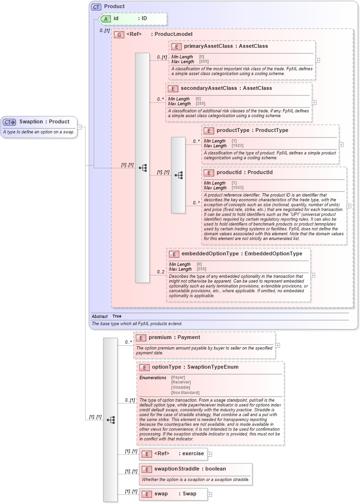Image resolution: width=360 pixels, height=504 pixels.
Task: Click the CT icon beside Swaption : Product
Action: pyautogui.click(x=10, y=122)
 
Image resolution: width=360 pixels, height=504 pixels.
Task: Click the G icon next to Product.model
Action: pyautogui.click(x=119, y=34)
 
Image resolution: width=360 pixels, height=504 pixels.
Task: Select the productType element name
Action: pyautogui.click(x=234, y=130)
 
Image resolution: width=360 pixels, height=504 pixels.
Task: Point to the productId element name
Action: pyautogui.click(x=231, y=172)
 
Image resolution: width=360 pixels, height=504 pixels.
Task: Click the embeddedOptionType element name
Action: pyautogui.click(x=209, y=254)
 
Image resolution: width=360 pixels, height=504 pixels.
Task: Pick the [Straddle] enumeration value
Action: pyautogui.click(x=181, y=387)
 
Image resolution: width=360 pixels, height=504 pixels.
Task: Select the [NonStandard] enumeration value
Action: pyautogui.click(x=185, y=393)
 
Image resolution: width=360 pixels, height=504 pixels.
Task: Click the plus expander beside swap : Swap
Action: pyautogui.click(x=210, y=494)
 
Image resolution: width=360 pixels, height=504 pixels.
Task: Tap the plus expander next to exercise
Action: pyautogui.click(x=209, y=454)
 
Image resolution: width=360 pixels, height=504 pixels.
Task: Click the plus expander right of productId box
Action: pyautogui.click(x=349, y=206)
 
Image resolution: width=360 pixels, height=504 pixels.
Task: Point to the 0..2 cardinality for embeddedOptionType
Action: pyautogui.click(x=161, y=272)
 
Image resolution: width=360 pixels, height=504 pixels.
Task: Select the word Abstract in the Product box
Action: pyautogui.click(x=99, y=316)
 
